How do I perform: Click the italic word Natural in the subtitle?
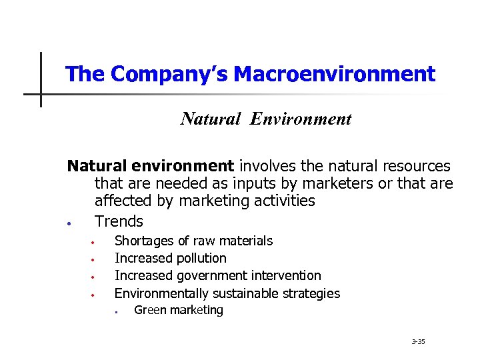(211, 119)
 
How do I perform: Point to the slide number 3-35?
(419, 342)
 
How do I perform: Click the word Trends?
(119, 221)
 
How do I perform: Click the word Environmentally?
(161, 293)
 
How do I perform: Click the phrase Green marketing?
(179, 310)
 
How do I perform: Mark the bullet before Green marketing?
(115, 311)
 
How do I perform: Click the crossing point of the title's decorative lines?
(41, 94)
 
